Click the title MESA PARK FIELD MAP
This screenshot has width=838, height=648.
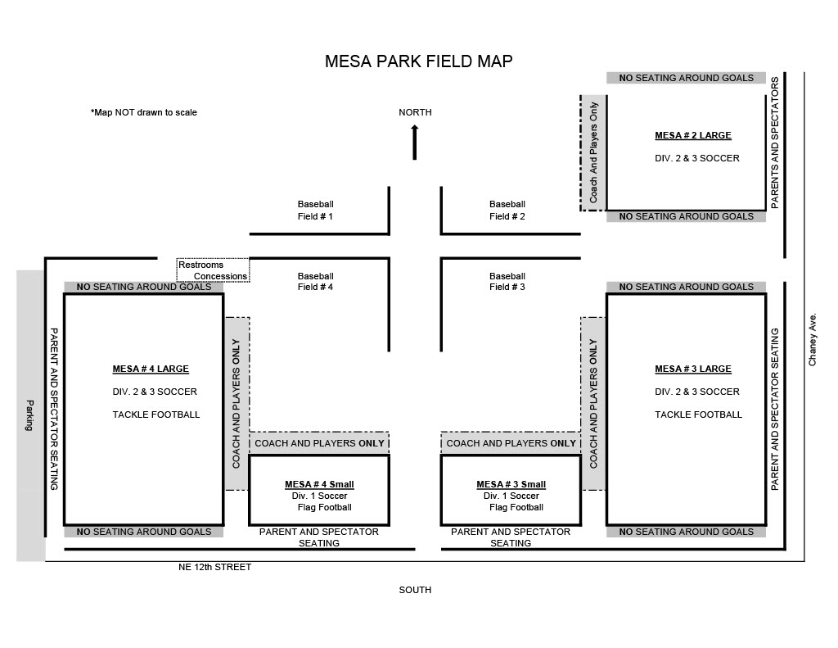[418, 61]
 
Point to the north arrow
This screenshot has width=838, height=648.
[415, 143]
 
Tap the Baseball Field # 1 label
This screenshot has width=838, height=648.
[315, 211]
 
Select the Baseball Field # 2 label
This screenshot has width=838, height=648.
[507, 211]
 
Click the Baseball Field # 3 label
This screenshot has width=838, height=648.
[507, 282]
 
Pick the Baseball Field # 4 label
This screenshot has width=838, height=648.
[315, 282]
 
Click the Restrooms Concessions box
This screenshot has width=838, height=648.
[213, 270]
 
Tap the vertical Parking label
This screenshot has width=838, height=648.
[29, 415]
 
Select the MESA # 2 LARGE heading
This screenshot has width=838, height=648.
[693, 135]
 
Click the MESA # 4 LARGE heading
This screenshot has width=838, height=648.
[151, 369]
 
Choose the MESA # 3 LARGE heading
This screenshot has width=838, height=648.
[693, 369]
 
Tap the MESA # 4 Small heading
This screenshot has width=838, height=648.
[319, 484]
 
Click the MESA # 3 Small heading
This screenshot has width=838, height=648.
[511, 484]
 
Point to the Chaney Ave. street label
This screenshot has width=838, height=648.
[813, 340]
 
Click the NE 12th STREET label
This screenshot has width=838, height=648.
[215, 567]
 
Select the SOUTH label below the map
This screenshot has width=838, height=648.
[415, 590]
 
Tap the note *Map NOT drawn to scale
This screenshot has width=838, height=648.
[144, 112]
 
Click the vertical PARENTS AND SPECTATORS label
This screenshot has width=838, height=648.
[775, 143]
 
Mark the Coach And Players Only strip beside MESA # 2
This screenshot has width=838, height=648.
[593, 153]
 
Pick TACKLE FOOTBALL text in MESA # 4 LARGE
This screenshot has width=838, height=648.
[156, 415]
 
